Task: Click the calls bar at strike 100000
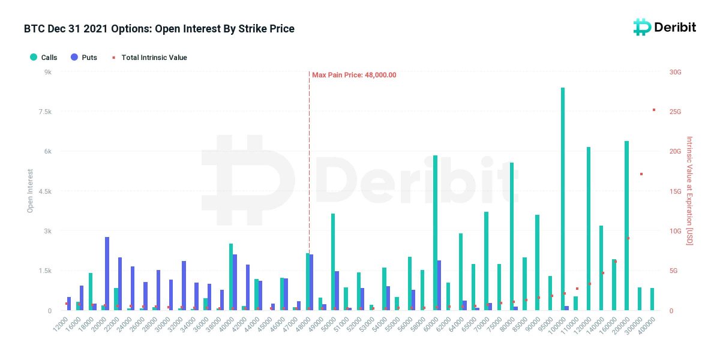(562, 199)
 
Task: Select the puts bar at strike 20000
(107, 274)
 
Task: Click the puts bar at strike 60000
(439, 285)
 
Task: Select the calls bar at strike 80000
(511, 236)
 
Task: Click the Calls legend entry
(44, 58)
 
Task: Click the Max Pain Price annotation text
(354, 75)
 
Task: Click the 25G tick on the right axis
(675, 112)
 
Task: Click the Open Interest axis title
(30, 191)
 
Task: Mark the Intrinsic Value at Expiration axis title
(689, 191)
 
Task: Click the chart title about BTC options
(159, 29)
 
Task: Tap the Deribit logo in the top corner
(664, 27)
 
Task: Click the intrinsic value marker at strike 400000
(654, 110)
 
